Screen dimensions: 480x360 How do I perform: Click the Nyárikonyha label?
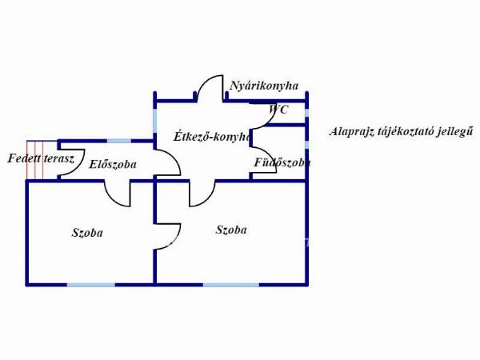(264, 86)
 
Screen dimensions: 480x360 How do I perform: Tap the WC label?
(278, 110)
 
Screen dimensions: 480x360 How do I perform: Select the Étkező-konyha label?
(212, 137)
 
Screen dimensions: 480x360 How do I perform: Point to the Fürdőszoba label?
(282, 162)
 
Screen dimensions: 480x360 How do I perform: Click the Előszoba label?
(113, 164)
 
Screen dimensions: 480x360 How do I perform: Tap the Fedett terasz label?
(41, 158)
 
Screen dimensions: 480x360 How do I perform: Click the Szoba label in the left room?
(87, 233)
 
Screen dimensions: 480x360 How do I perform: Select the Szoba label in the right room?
(231, 230)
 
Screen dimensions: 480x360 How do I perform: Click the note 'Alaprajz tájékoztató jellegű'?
(401, 132)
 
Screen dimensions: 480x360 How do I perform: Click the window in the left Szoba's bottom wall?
(91, 285)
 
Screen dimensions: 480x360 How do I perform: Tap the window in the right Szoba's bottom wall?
(231, 285)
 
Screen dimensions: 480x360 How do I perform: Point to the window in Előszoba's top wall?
(119, 141)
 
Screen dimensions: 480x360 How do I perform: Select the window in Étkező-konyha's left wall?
(155, 121)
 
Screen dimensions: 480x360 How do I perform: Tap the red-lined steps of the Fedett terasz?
(35, 159)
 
